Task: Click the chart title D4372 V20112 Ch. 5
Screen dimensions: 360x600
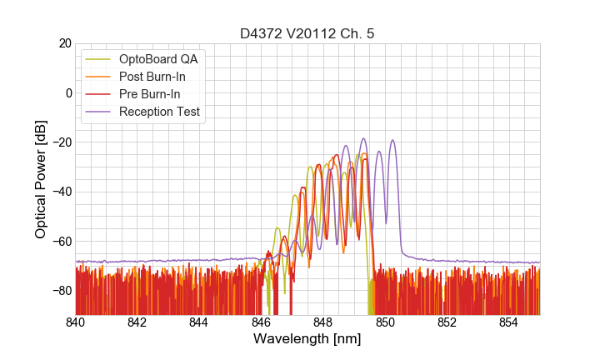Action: pos(307,33)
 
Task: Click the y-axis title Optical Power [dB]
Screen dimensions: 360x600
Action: pos(41,178)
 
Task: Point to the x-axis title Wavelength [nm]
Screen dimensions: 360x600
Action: pos(307,339)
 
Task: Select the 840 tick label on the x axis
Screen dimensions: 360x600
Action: pos(76,322)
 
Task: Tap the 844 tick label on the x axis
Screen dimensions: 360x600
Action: pos(199,322)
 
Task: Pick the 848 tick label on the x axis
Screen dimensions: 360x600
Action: pos(323,322)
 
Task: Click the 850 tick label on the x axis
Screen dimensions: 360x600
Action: pos(385,322)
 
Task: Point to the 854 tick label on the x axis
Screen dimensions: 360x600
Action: pos(509,322)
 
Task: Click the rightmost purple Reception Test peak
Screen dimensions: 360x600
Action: pos(392,141)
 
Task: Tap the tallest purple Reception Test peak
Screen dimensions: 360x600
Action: pos(363,138)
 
